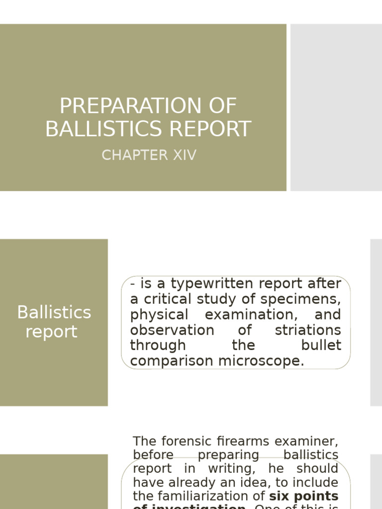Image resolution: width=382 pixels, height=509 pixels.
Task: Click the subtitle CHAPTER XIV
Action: pos(149,155)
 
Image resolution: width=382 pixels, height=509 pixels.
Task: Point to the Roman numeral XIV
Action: pos(184,155)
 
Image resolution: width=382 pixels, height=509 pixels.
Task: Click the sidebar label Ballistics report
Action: pos(54,322)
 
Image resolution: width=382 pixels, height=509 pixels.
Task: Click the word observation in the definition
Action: pos(172,330)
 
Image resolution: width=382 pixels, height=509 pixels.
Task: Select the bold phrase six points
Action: pos(304,496)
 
